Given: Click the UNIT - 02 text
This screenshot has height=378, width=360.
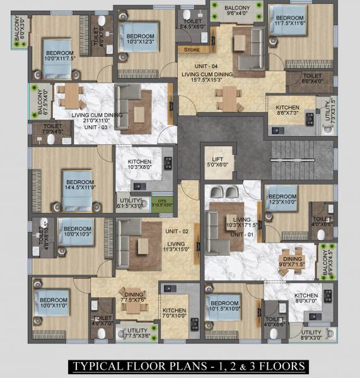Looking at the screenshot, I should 172,232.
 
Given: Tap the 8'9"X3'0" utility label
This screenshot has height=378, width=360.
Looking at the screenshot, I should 310,335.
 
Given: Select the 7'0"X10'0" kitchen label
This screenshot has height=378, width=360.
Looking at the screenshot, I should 175,314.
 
